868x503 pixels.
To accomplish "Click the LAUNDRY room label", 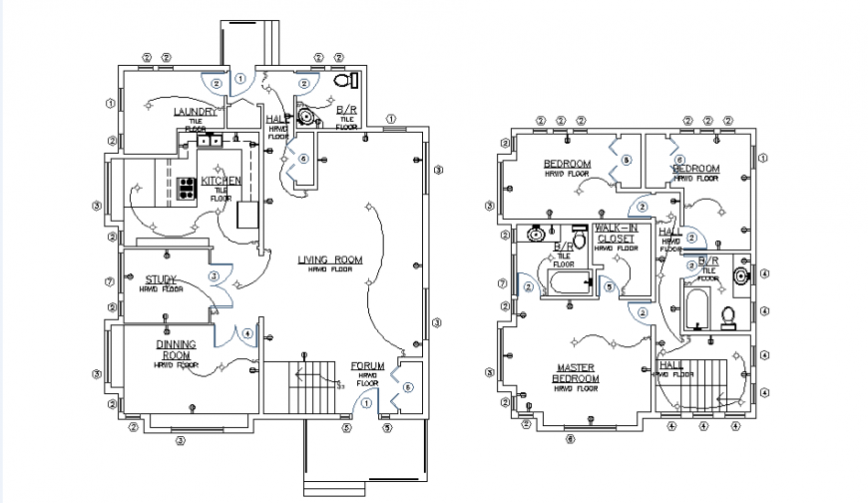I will (195, 112).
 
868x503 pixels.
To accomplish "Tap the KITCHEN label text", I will (220, 181).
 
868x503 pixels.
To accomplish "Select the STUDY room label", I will (162, 279).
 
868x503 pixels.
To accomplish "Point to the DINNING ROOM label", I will (175, 349).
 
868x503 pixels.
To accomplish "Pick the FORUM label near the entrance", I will (367, 366).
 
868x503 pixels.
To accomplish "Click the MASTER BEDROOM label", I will (577, 373).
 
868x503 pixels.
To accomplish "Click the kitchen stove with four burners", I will (186, 188).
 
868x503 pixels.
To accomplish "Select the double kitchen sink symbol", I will (211, 142).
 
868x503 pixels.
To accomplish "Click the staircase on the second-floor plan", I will (704, 384).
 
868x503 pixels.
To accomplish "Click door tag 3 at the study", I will (214, 275).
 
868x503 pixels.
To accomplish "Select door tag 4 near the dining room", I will (246, 333).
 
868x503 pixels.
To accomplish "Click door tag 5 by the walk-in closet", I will (608, 285).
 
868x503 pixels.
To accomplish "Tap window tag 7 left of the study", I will (108, 281).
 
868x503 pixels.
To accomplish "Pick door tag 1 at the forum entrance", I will (366, 402).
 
